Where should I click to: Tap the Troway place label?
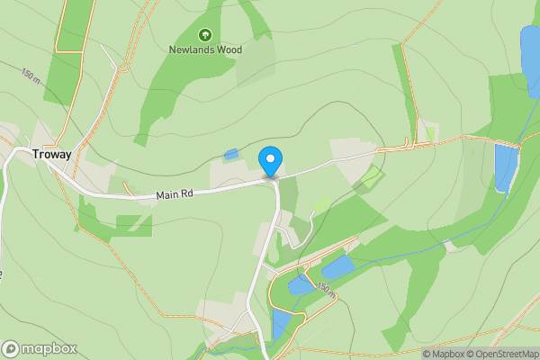(52, 154)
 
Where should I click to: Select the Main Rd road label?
(175, 193)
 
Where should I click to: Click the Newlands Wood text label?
(204, 49)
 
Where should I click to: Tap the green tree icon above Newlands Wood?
(204, 34)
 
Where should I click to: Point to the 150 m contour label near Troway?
(30, 76)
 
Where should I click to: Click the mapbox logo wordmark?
(49, 349)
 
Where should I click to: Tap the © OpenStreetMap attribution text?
(498, 354)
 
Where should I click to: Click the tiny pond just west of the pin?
(231, 155)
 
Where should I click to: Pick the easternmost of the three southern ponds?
(337, 266)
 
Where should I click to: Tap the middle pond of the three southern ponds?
(299, 286)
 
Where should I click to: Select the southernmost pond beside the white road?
(280, 323)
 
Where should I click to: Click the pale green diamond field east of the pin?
(368, 178)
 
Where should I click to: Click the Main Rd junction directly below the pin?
(271, 179)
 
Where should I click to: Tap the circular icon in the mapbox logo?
(11, 349)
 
